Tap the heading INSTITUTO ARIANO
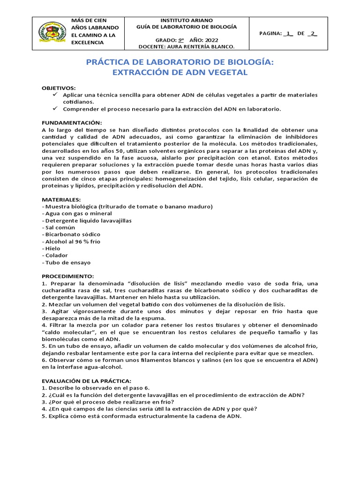[x=186, y=21]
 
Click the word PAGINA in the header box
[x=270, y=33]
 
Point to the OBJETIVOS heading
[x=58, y=88]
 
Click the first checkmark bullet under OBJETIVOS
[x=54, y=95]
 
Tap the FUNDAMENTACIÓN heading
[x=71, y=122]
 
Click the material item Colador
[x=56, y=255]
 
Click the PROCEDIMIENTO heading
[x=68, y=276]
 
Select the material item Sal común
[x=60, y=227]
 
